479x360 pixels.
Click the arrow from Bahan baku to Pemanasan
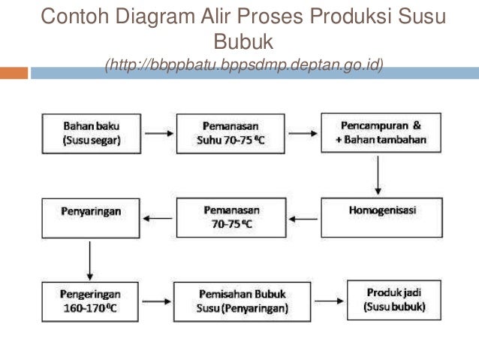point(156,134)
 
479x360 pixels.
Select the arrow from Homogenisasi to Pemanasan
point(305,219)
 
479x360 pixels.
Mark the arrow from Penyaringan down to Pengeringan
point(90,260)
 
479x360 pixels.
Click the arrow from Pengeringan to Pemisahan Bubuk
point(155,301)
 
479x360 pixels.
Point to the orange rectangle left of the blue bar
point(14,73)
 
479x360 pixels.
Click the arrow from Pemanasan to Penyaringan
point(157,219)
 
